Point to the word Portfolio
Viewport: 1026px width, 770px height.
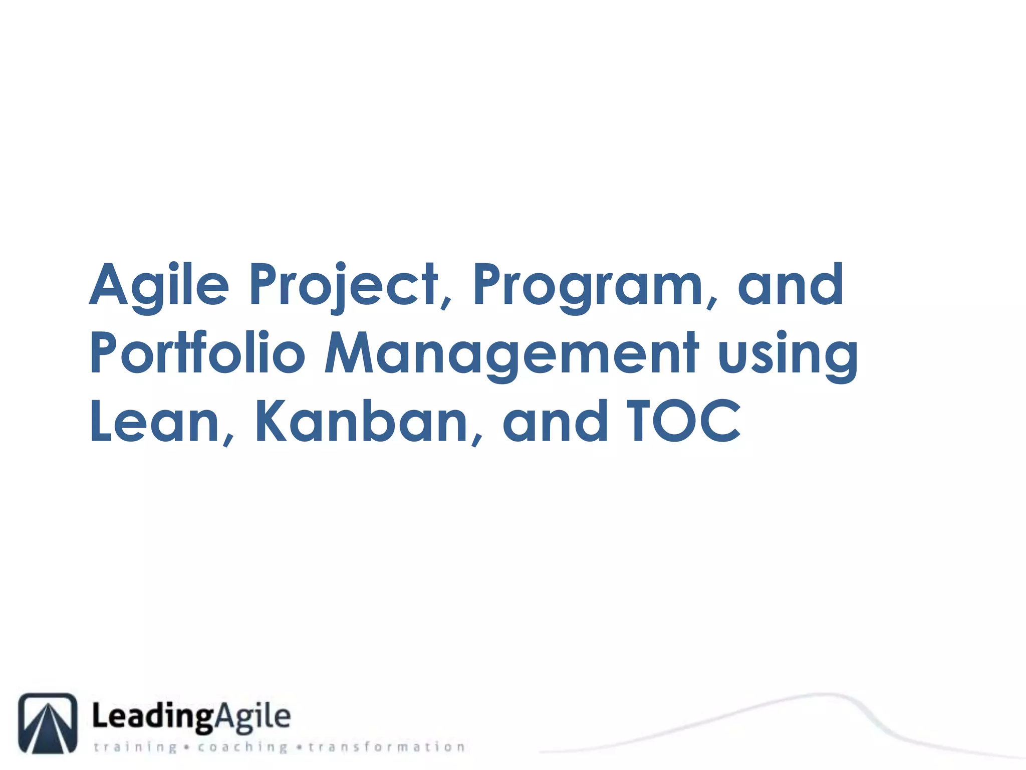pyautogui.click(x=197, y=353)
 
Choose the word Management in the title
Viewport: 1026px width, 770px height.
pyautogui.click(x=511, y=353)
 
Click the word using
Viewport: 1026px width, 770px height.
pyautogui.click(x=788, y=353)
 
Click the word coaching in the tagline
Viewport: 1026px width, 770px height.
pyautogui.click(x=242, y=747)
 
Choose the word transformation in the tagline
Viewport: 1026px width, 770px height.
pyautogui.click(x=386, y=747)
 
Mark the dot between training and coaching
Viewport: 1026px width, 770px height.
pyautogui.click(x=187, y=747)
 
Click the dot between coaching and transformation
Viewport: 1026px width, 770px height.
pyautogui.click(x=299, y=747)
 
